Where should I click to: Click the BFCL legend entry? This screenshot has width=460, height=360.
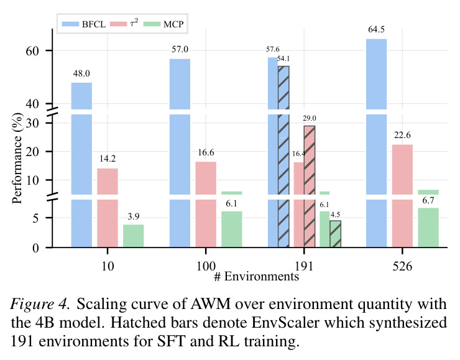click(84, 24)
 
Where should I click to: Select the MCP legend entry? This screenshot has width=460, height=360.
click(163, 24)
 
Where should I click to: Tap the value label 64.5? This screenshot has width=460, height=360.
click(376, 29)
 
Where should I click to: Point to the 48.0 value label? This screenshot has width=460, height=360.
click(81, 73)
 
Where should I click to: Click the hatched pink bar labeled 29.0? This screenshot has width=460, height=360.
click(310, 187)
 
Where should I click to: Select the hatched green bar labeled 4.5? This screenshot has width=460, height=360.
click(335, 234)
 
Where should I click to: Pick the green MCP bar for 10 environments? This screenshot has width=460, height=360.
click(133, 236)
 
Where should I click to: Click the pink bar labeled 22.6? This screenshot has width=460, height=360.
click(402, 196)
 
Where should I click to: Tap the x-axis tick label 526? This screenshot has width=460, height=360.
click(402, 266)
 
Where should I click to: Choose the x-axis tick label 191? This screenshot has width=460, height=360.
click(304, 266)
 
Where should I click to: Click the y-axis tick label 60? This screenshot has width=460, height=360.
click(32, 51)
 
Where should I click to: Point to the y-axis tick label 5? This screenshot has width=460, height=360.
click(35, 218)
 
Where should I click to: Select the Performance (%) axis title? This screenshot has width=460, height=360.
click(17, 159)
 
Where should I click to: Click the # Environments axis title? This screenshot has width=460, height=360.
click(256, 277)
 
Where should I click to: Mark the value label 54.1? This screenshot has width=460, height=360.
click(283, 58)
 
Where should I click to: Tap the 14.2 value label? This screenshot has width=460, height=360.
click(108, 159)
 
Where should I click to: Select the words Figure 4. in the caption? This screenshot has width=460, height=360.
click(40, 304)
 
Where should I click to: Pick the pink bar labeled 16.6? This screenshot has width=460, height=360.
click(206, 205)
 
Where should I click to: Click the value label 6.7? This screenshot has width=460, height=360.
click(428, 200)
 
